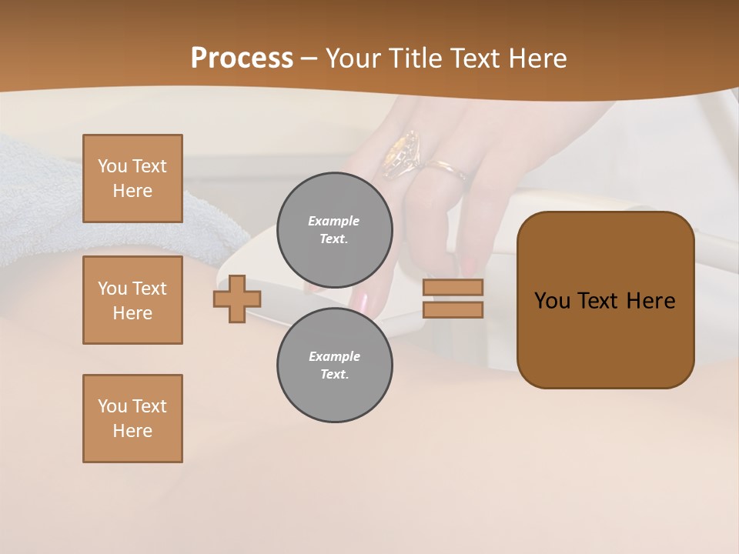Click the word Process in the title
click(242, 58)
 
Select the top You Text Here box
click(132, 179)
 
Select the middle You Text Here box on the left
click(132, 300)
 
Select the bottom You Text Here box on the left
click(132, 419)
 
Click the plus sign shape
click(236, 299)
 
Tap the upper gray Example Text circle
click(334, 230)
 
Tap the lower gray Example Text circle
click(334, 365)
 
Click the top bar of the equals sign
click(453, 287)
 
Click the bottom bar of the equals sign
click(453, 309)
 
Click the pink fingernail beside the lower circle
click(361, 301)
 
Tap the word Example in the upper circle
click(333, 221)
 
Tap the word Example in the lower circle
click(334, 356)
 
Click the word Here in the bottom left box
click(132, 431)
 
